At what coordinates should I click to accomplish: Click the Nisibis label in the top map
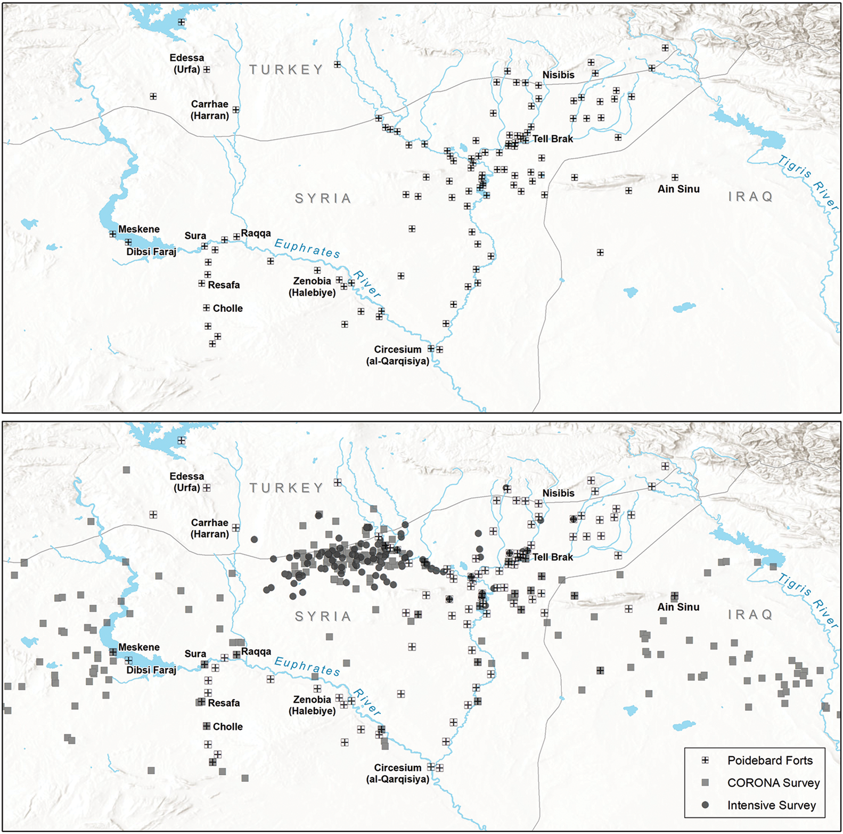coord(558,75)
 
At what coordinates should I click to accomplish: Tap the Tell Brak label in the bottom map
coord(553,557)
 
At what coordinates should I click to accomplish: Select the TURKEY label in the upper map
coord(287,70)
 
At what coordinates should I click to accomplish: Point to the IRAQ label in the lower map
coord(750,615)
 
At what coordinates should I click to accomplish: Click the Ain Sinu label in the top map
coord(678,189)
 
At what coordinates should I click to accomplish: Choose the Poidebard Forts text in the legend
coord(770,761)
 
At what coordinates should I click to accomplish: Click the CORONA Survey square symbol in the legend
coord(705,783)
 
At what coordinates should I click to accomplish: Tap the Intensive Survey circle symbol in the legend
coord(705,805)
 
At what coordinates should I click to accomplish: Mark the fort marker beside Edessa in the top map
coord(207,70)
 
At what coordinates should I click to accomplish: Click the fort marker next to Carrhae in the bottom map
coord(236,528)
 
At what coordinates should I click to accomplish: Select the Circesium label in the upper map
coord(397,350)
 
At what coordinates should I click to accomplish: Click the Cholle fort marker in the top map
coord(207,308)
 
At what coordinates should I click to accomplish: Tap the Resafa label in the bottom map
coord(224,703)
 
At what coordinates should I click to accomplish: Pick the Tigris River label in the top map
coord(808,182)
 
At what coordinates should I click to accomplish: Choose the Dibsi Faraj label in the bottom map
coord(151,670)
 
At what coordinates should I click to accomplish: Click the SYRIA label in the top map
coord(323,199)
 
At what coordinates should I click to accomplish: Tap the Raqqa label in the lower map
coord(256,652)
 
